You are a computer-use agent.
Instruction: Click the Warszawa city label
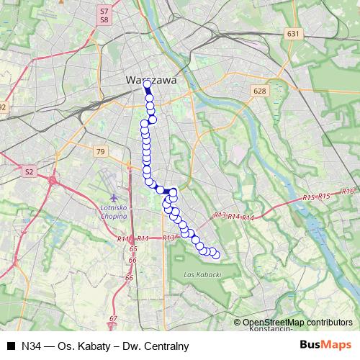point(151,81)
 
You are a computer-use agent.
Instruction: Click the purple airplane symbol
point(113,196)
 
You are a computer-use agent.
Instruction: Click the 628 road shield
point(260,91)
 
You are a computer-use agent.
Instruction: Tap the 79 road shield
point(100,151)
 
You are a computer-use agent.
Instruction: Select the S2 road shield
point(29,172)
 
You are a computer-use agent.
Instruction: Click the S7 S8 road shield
point(104,16)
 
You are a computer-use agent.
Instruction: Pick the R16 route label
point(348,191)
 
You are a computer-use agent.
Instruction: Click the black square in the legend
point(12,346)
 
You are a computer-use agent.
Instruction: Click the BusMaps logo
point(326,345)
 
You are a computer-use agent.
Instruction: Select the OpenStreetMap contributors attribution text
point(297,323)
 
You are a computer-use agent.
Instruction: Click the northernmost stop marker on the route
point(147,84)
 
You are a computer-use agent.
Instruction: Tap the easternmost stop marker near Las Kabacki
point(215,254)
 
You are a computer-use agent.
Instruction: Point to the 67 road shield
point(113,318)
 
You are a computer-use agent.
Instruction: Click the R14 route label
point(248,218)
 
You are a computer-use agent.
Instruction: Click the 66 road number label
point(130,277)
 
